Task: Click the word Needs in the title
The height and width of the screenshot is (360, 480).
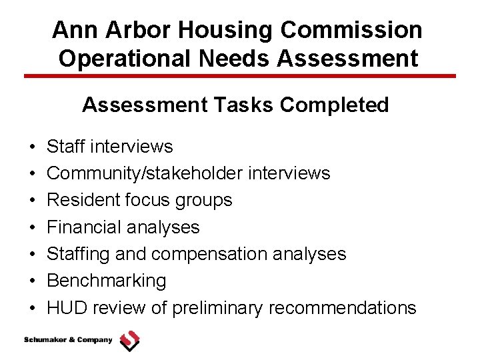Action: [241, 58]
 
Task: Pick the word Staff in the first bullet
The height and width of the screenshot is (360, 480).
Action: [69, 147]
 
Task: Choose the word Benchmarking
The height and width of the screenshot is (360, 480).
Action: [106, 281]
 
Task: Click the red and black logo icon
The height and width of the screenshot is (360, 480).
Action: [129, 341]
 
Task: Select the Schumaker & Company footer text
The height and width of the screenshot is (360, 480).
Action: [68, 340]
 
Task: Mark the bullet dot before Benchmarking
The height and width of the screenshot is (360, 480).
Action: [32, 281]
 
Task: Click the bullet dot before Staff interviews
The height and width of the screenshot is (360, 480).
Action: [32, 147]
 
